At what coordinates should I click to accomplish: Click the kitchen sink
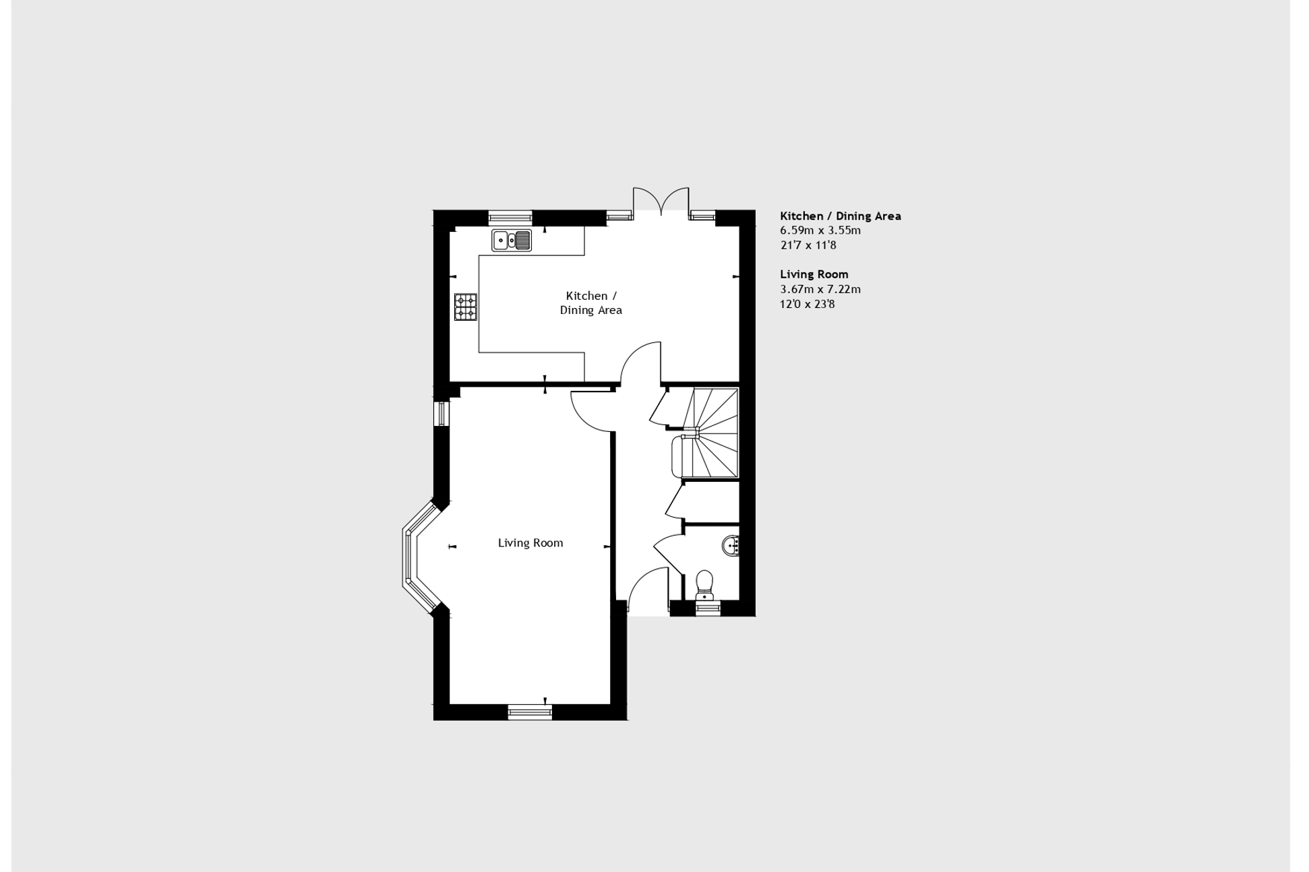(512, 240)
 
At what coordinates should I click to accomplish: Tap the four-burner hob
(465, 307)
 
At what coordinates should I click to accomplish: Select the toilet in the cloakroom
(704, 584)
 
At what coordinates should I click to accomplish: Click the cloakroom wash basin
(731, 544)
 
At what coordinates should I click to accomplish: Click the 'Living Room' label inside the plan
(530, 542)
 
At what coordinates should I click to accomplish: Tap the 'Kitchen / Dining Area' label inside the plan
(590, 303)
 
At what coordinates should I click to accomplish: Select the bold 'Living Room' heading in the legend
(814, 274)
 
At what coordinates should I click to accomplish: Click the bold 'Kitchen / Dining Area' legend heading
(840, 216)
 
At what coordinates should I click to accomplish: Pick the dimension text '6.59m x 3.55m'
(820, 230)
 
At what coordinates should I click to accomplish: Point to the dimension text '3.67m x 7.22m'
(820, 289)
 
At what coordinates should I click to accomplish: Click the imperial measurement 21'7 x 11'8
(808, 245)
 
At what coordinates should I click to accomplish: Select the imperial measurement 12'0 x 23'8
(807, 304)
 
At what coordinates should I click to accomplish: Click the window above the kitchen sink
(510, 217)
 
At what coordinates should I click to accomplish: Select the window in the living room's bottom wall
(529, 712)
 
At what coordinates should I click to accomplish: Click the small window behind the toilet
(708, 609)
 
